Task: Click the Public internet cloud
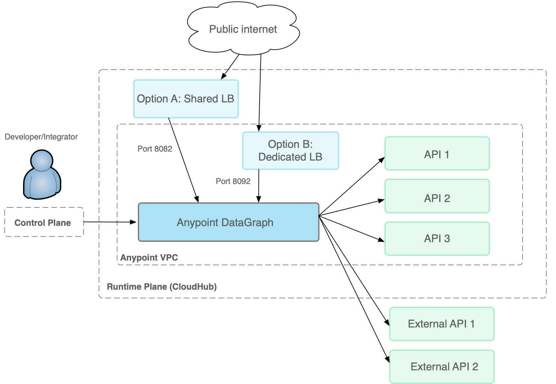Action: [x=243, y=29]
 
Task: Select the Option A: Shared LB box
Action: [x=186, y=99]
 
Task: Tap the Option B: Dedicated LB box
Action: [x=290, y=151]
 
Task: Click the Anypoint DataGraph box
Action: [x=228, y=222]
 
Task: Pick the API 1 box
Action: [x=437, y=154]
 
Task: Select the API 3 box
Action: [x=437, y=238]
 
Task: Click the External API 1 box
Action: [x=442, y=324]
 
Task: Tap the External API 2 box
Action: [x=442, y=367]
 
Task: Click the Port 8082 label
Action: [x=155, y=149]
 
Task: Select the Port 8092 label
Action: [x=233, y=181]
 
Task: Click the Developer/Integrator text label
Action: [x=41, y=137]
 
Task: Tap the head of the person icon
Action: [x=42, y=160]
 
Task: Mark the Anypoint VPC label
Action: [x=149, y=258]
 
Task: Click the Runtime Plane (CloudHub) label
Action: [x=162, y=287]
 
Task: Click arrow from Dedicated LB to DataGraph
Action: [x=259, y=186]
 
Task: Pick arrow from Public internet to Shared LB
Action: [x=230, y=67]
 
